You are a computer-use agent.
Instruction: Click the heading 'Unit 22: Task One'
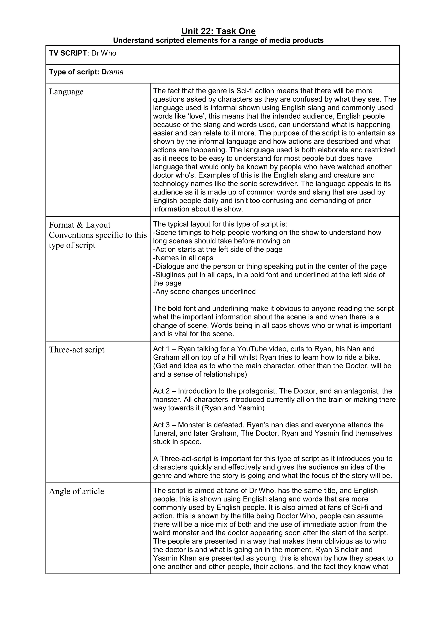tap(218, 31)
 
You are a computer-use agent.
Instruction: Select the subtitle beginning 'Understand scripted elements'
tap(218, 40)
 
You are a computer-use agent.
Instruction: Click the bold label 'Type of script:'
tap(74, 72)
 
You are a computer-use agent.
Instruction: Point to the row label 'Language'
tap(66, 92)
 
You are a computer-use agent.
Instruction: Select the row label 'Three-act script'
tap(77, 350)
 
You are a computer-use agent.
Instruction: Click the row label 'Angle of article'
tap(76, 491)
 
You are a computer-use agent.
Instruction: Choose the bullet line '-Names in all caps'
tap(183, 258)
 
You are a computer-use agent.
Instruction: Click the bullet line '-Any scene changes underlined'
tap(204, 292)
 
